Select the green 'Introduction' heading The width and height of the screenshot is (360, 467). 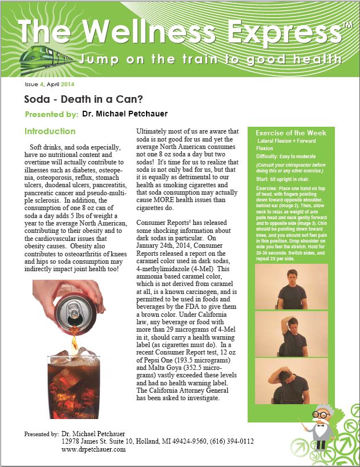point(50,131)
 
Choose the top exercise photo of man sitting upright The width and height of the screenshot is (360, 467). point(291,286)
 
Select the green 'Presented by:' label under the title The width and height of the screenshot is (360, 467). point(51,115)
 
